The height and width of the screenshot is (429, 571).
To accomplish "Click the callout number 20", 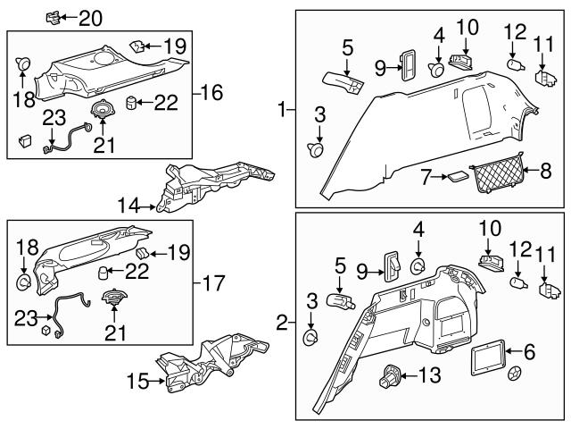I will (x=91, y=18).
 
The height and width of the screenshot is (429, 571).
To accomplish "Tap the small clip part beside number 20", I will (x=55, y=17).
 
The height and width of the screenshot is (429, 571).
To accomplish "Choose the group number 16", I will (x=211, y=92).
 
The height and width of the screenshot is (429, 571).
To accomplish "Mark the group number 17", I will (x=211, y=284).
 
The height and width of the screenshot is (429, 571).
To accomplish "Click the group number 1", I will (x=283, y=111).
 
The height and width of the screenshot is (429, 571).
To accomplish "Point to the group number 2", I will (x=283, y=322).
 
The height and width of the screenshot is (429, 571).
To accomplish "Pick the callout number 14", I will (x=131, y=206).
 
